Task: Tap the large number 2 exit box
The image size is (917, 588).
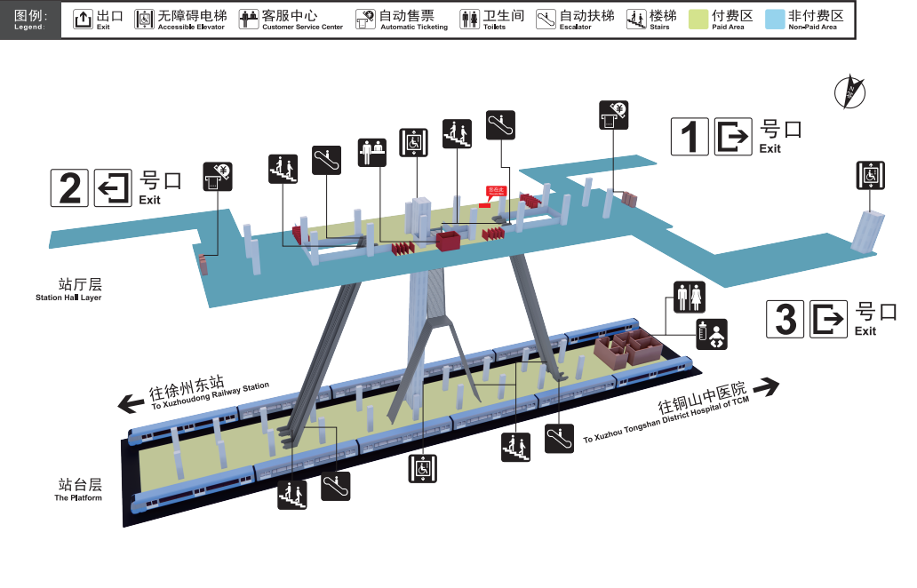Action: (69, 187)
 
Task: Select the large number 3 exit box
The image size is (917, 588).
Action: (785, 319)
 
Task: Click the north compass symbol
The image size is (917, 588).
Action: (849, 91)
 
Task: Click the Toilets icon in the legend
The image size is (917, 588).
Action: (469, 19)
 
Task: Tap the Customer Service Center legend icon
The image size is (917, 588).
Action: (249, 19)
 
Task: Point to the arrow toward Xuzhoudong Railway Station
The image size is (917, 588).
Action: (132, 404)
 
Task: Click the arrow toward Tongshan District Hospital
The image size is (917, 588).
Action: (765, 387)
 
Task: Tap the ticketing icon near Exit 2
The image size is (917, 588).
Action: (217, 176)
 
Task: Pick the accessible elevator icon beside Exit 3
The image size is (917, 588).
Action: (871, 175)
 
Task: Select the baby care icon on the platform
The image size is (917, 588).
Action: (711, 335)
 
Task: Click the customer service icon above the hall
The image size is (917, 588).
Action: (372, 152)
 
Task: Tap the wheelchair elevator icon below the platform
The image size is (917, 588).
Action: (423, 468)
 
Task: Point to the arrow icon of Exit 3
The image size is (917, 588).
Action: (830, 319)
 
